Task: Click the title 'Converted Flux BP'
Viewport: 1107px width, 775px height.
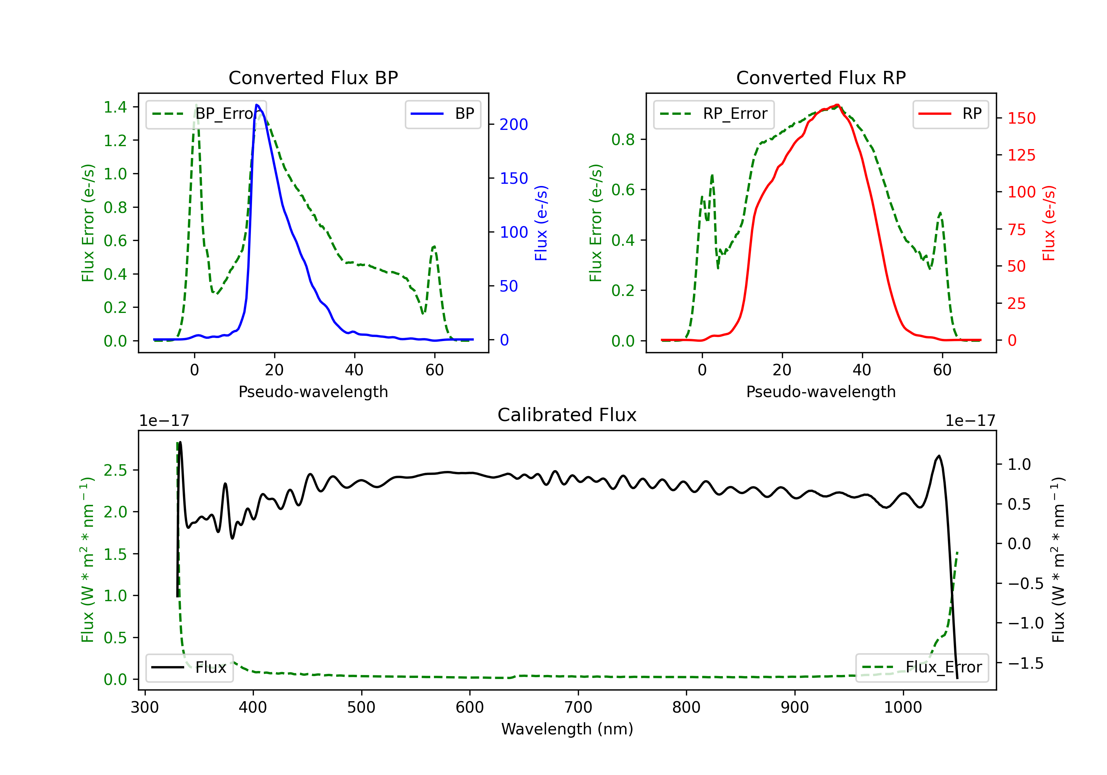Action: pyautogui.click(x=313, y=77)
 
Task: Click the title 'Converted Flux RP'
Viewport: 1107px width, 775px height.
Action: pyautogui.click(x=821, y=77)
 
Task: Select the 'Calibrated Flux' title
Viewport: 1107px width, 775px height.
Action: pyautogui.click(x=567, y=415)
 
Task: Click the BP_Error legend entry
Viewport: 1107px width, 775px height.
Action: pyautogui.click(x=206, y=114)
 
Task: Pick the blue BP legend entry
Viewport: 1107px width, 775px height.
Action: pyautogui.click(x=442, y=114)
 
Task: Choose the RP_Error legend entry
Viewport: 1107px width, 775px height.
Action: pyautogui.click(x=714, y=114)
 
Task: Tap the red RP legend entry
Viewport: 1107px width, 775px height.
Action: pyautogui.click(x=950, y=114)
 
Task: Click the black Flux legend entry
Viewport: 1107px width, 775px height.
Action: pyautogui.click(x=189, y=668)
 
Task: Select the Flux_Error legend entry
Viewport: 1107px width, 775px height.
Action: pyautogui.click(x=922, y=668)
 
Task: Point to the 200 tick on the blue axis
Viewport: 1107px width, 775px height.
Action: pyautogui.click(x=514, y=124)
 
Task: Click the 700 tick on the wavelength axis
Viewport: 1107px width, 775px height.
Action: pyautogui.click(x=578, y=707)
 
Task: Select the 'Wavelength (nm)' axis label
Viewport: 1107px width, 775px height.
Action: pyautogui.click(x=567, y=729)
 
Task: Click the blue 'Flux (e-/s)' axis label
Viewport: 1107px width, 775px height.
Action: pyautogui.click(x=541, y=223)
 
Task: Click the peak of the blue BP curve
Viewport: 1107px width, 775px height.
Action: pyautogui.click(x=257, y=105)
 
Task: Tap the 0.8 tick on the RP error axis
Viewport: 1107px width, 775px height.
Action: pyautogui.click(x=623, y=139)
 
